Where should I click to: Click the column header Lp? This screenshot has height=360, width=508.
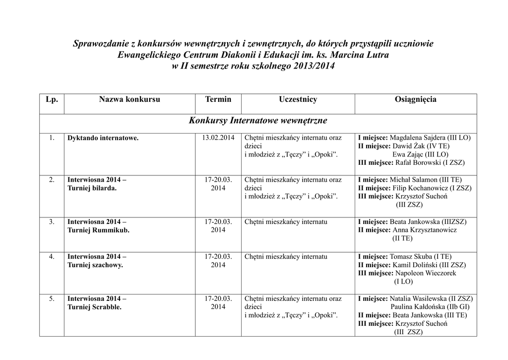[x=52, y=100]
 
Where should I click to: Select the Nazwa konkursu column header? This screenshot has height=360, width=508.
[x=129, y=100]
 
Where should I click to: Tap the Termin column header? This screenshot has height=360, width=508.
[x=218, y=100]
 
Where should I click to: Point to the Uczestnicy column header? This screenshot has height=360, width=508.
[x=298, y=100]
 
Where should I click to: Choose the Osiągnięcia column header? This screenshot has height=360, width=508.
[x=416, y=100]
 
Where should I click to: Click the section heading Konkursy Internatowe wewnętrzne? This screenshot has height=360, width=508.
[x=258, y=121]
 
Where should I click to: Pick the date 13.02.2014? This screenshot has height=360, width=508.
[x=218, y=138]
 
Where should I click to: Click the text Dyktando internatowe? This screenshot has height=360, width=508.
[x=103, y=138]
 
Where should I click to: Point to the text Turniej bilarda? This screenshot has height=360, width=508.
[x=92, y=188]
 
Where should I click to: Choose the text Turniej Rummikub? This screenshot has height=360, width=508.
[x=98, y=230]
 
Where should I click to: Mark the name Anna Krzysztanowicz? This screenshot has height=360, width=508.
[x=425, y=230]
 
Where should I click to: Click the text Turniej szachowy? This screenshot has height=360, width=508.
[x=95, y=265]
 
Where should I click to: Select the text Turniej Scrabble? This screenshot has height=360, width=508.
[x=95, y=307]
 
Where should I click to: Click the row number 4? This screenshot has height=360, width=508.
[x=52, y=257]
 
